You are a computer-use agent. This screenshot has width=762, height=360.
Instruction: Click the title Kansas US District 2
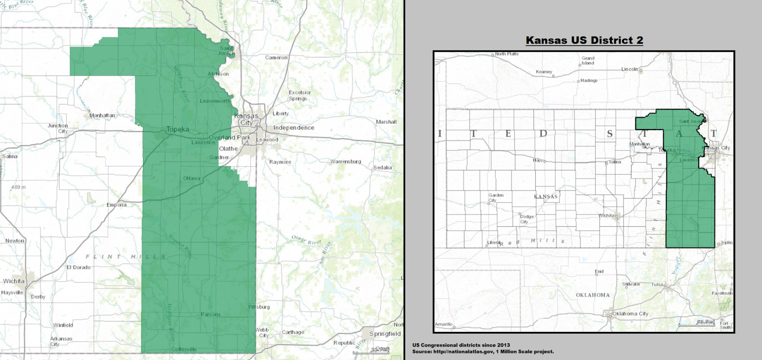(584, 40)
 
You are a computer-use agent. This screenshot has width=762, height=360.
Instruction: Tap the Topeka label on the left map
(178, 130)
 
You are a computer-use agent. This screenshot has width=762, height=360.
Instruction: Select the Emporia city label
(117, 205)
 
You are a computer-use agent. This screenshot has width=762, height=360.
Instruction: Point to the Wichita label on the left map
(14, 281)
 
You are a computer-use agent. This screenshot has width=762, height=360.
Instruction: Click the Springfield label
(384, 334)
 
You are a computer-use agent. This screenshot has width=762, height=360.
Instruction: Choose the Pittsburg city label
(259, 307)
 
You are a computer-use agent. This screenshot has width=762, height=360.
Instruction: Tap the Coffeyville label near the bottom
(184, 350)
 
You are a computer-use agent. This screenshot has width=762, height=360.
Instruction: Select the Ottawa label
(191, 179)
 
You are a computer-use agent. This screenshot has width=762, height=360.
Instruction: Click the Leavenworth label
(215, 101)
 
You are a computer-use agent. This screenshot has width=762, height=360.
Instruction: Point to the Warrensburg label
(346, 162)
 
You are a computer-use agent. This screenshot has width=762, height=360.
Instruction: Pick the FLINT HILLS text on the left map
(127, 257)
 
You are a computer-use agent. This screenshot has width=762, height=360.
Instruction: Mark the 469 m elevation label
(18, 187)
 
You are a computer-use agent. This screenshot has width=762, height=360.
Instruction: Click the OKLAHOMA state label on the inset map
(592, 295)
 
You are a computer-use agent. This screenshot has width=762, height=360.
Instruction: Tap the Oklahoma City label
(630, 314)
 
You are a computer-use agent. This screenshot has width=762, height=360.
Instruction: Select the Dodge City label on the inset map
(526, 219)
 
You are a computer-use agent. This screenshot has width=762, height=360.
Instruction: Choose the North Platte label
(507, 54)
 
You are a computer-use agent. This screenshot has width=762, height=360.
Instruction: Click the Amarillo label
(443, 324)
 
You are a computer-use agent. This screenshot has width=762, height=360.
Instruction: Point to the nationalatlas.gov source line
(483, 351)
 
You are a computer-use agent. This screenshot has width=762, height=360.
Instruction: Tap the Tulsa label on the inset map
(657, 285)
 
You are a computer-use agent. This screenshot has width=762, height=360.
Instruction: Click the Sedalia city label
(382, 168)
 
